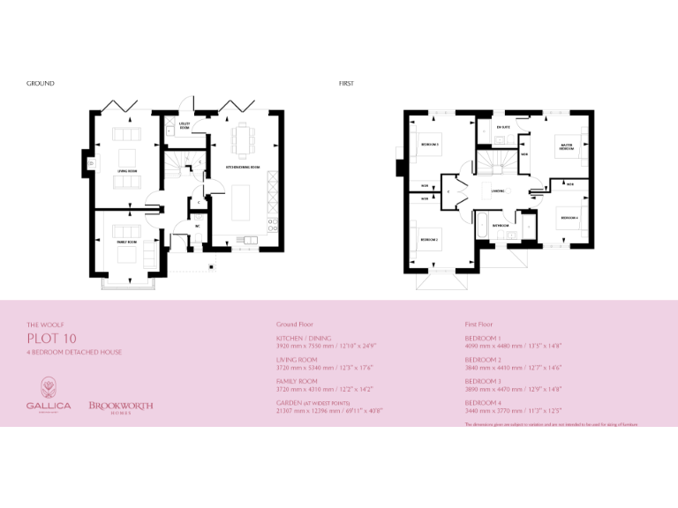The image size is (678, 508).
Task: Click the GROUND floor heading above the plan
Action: pos(41,84)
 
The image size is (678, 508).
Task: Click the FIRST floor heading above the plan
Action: pos(346,84)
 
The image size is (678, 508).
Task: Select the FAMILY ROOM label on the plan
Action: pos(126,242)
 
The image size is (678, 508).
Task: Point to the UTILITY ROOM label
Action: pos(185,125)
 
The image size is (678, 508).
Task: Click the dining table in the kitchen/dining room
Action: pos(241,139)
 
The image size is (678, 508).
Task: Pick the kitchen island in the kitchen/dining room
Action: pos(242,203)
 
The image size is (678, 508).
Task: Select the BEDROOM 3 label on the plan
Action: pos(430,144)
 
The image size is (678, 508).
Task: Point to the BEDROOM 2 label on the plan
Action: pos(429,240)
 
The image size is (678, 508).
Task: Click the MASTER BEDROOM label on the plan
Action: pos(566,147)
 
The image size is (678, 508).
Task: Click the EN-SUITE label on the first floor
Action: pos(503,128)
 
